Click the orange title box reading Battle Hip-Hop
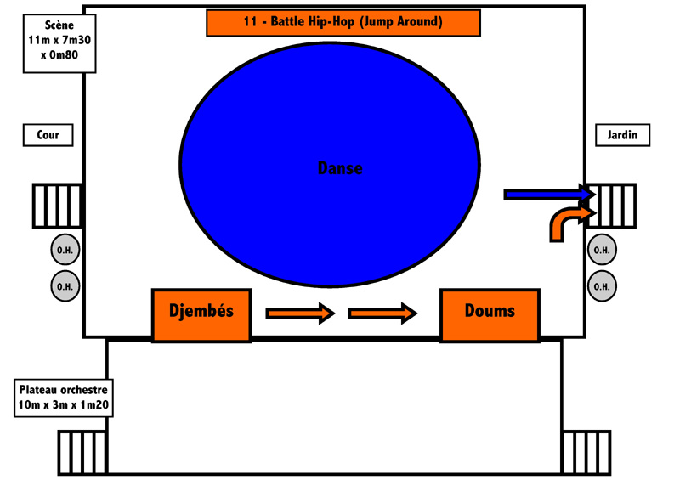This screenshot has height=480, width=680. coord(343,23)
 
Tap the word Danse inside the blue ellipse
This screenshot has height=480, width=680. coord(340,168)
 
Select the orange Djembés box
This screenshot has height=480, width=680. coord(201,315)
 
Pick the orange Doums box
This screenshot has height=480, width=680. coord(490,315)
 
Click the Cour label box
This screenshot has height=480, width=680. coord(48,135)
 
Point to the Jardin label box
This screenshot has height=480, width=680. coord(622,135)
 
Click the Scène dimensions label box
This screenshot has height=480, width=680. coord(59,43)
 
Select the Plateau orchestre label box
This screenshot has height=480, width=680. coord(64,398)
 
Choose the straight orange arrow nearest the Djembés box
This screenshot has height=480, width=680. coord(301,313)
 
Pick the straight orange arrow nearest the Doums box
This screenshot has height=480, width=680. coord(383,313)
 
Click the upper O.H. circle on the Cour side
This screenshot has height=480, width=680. coord(65,250)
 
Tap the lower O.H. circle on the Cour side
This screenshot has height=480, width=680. coord(65,286)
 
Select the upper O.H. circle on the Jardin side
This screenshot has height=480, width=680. coord(602,250)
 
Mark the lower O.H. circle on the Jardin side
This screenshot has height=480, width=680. coord(602,286)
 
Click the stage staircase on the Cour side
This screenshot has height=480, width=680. coord(58,206)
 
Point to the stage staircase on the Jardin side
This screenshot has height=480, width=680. coord(611,206)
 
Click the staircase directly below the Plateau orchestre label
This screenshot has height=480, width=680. coord(82,453)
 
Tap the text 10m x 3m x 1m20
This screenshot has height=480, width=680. coord(64,405)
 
